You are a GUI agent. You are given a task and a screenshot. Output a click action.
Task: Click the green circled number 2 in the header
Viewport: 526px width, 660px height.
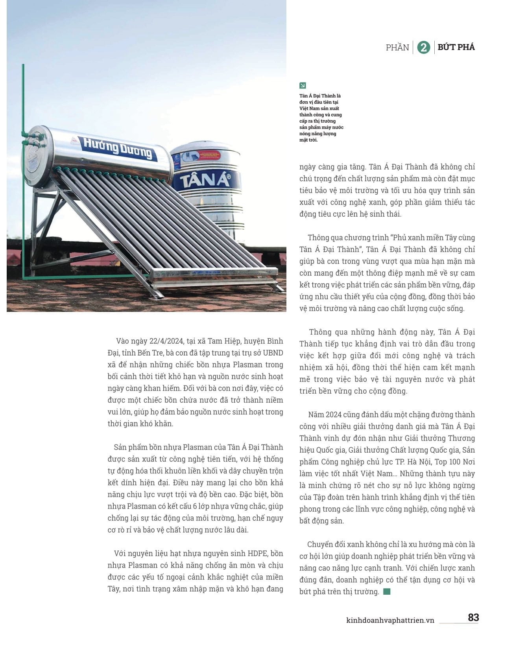click(x=423, y=47)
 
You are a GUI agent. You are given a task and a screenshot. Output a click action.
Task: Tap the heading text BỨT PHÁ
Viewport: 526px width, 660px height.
click(x=456, y=47)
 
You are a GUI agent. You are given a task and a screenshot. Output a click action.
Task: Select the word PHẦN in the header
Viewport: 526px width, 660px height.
click(x=397, y=48)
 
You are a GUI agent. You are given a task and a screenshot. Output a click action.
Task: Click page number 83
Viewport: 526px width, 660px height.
click(x=473, y=618)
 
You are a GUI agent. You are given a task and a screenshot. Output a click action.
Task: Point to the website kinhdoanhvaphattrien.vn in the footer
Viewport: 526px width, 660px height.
click(x=390, y=620)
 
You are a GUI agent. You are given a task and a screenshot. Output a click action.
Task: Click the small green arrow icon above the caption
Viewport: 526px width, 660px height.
click(x=303, y=85)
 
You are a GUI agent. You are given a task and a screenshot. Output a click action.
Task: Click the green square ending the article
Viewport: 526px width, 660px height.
click(x=387, y=591)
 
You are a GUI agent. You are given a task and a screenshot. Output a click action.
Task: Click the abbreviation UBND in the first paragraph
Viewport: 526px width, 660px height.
click(x=273, y=353)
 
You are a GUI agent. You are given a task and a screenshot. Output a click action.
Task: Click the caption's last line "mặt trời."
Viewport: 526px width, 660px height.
click(x=308, y=140)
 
